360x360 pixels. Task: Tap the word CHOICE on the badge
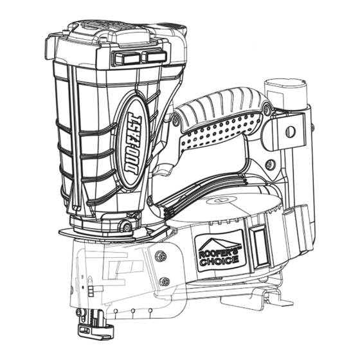[x=219, y=261]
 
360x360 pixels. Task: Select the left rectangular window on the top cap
[x=127, y=57]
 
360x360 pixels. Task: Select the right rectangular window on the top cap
[x=154, y=56]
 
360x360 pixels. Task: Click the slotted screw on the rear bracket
[x=291, y=132]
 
